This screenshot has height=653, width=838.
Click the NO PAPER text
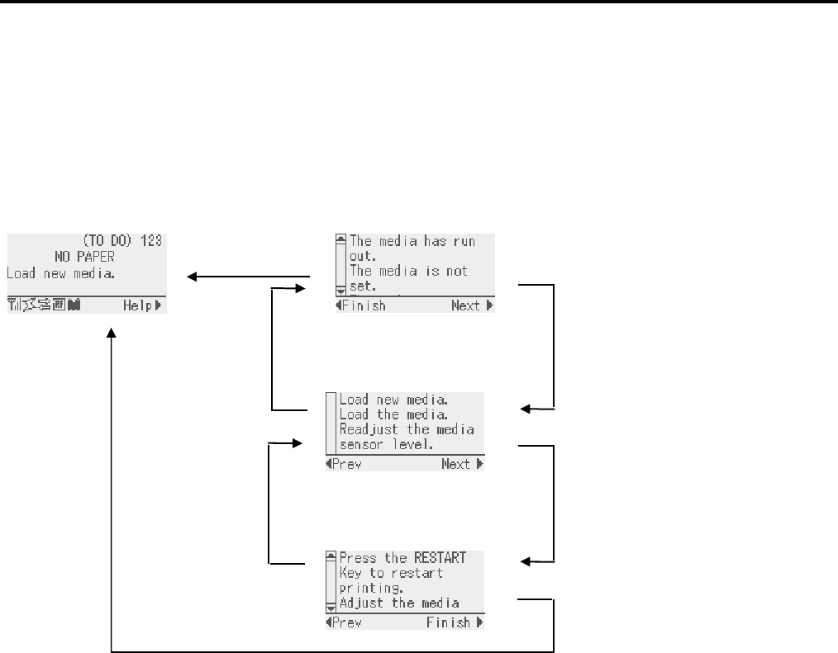click(84, 257)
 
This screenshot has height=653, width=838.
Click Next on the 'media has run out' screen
click(466, 305)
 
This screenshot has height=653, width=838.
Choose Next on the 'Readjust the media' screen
click(456, 464)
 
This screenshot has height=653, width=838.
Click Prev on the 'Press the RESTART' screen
click(346, 622)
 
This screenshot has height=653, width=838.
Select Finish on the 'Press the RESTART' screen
click(449, 622)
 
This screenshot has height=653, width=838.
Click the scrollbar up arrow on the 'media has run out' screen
click(340, 240)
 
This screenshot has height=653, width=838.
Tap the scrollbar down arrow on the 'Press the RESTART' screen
click(331, 608)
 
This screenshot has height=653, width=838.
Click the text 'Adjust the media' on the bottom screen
click(399, 603)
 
